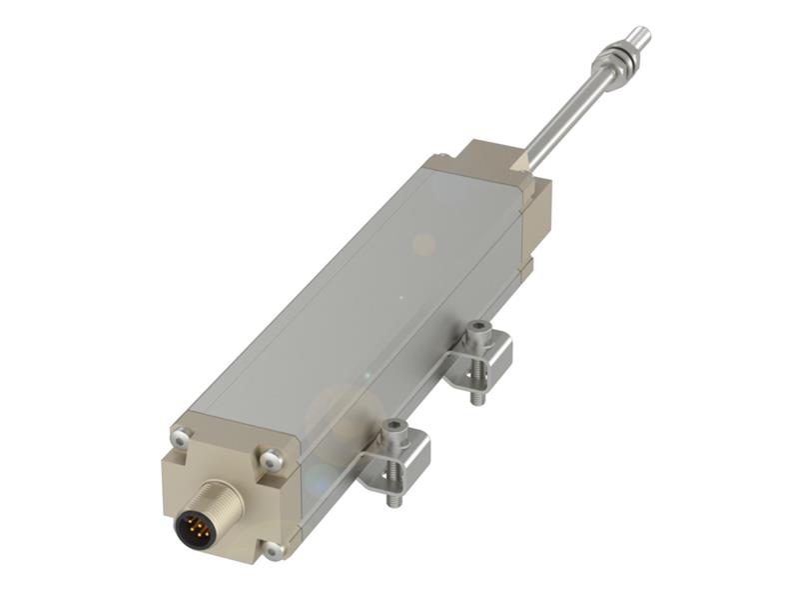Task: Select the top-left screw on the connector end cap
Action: [182, 437]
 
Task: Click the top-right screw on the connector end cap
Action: [269, 461]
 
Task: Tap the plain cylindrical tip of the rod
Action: [639, 37]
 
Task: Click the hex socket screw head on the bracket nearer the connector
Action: [396, 431]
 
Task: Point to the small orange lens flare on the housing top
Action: [424, 244]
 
